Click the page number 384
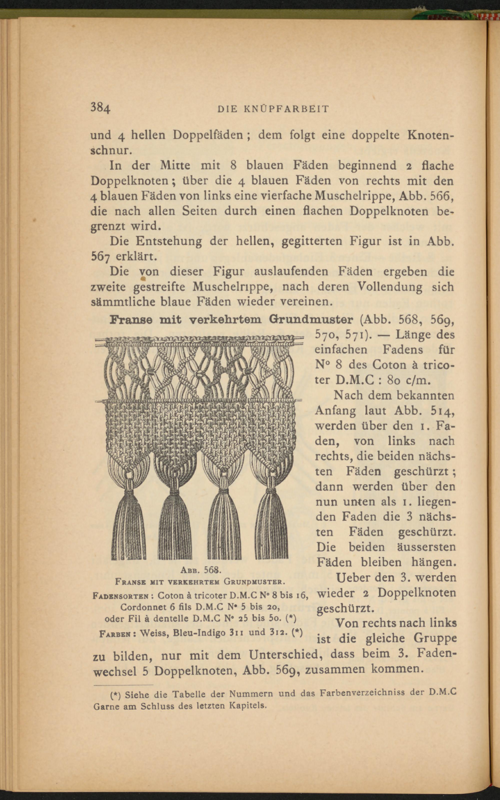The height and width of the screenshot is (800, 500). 100,108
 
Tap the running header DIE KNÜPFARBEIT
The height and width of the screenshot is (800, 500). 273,109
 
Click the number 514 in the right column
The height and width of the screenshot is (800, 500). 442,410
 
